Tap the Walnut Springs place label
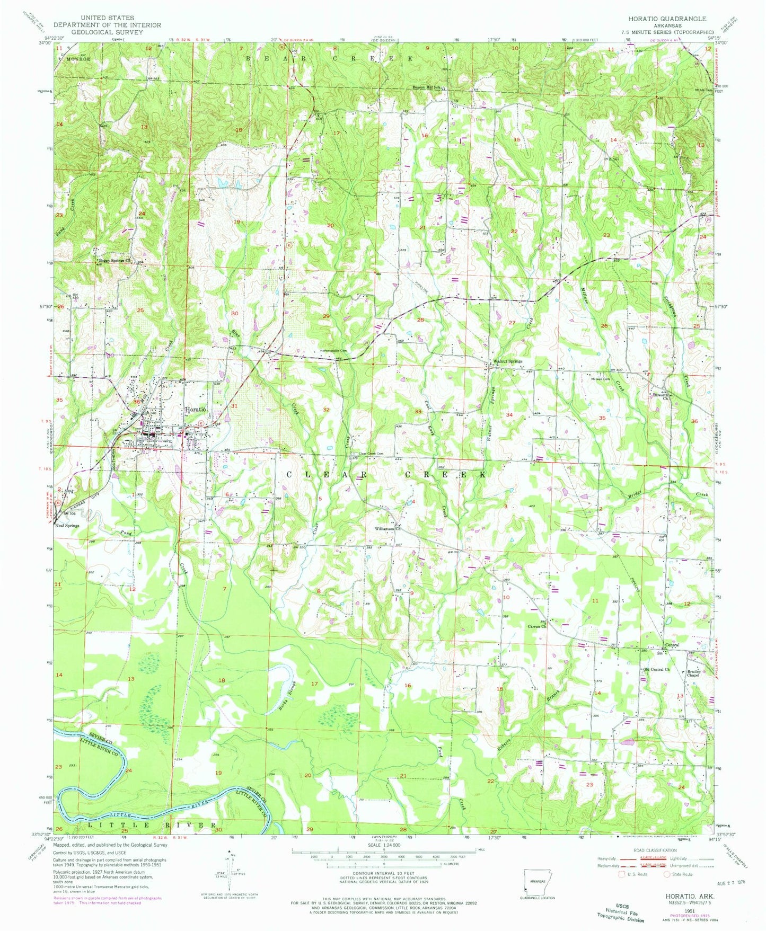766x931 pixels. (507, 361)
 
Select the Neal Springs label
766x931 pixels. (67, 526)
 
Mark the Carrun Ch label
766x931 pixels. (536, 626)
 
